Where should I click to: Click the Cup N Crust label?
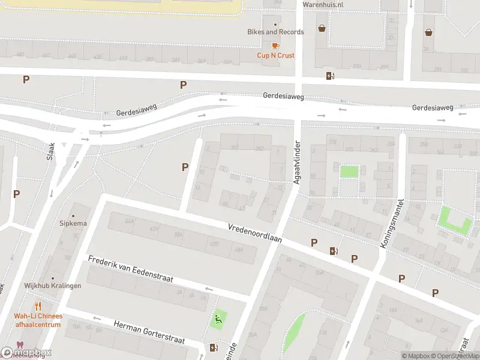[x=276, y=56]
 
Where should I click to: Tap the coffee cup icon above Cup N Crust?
[x=275, y=46]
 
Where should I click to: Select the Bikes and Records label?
[x=276, y=32]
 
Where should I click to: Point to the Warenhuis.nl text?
[x=323, y=5]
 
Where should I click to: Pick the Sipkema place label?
[x=73, y=224]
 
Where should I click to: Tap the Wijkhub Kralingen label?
[x=53, y=286]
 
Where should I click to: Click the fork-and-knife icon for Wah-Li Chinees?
[x=38, y=307]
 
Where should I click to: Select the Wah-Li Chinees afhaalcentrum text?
[x=38, y=320]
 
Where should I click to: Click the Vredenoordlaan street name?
[x=255, y=233]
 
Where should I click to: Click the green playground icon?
[x=218, y=319]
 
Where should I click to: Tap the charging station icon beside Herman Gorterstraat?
[x=214, y=347]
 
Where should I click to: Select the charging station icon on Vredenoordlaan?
[x=333, y=251]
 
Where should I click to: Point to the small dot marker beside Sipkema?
[x=73, y=215]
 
